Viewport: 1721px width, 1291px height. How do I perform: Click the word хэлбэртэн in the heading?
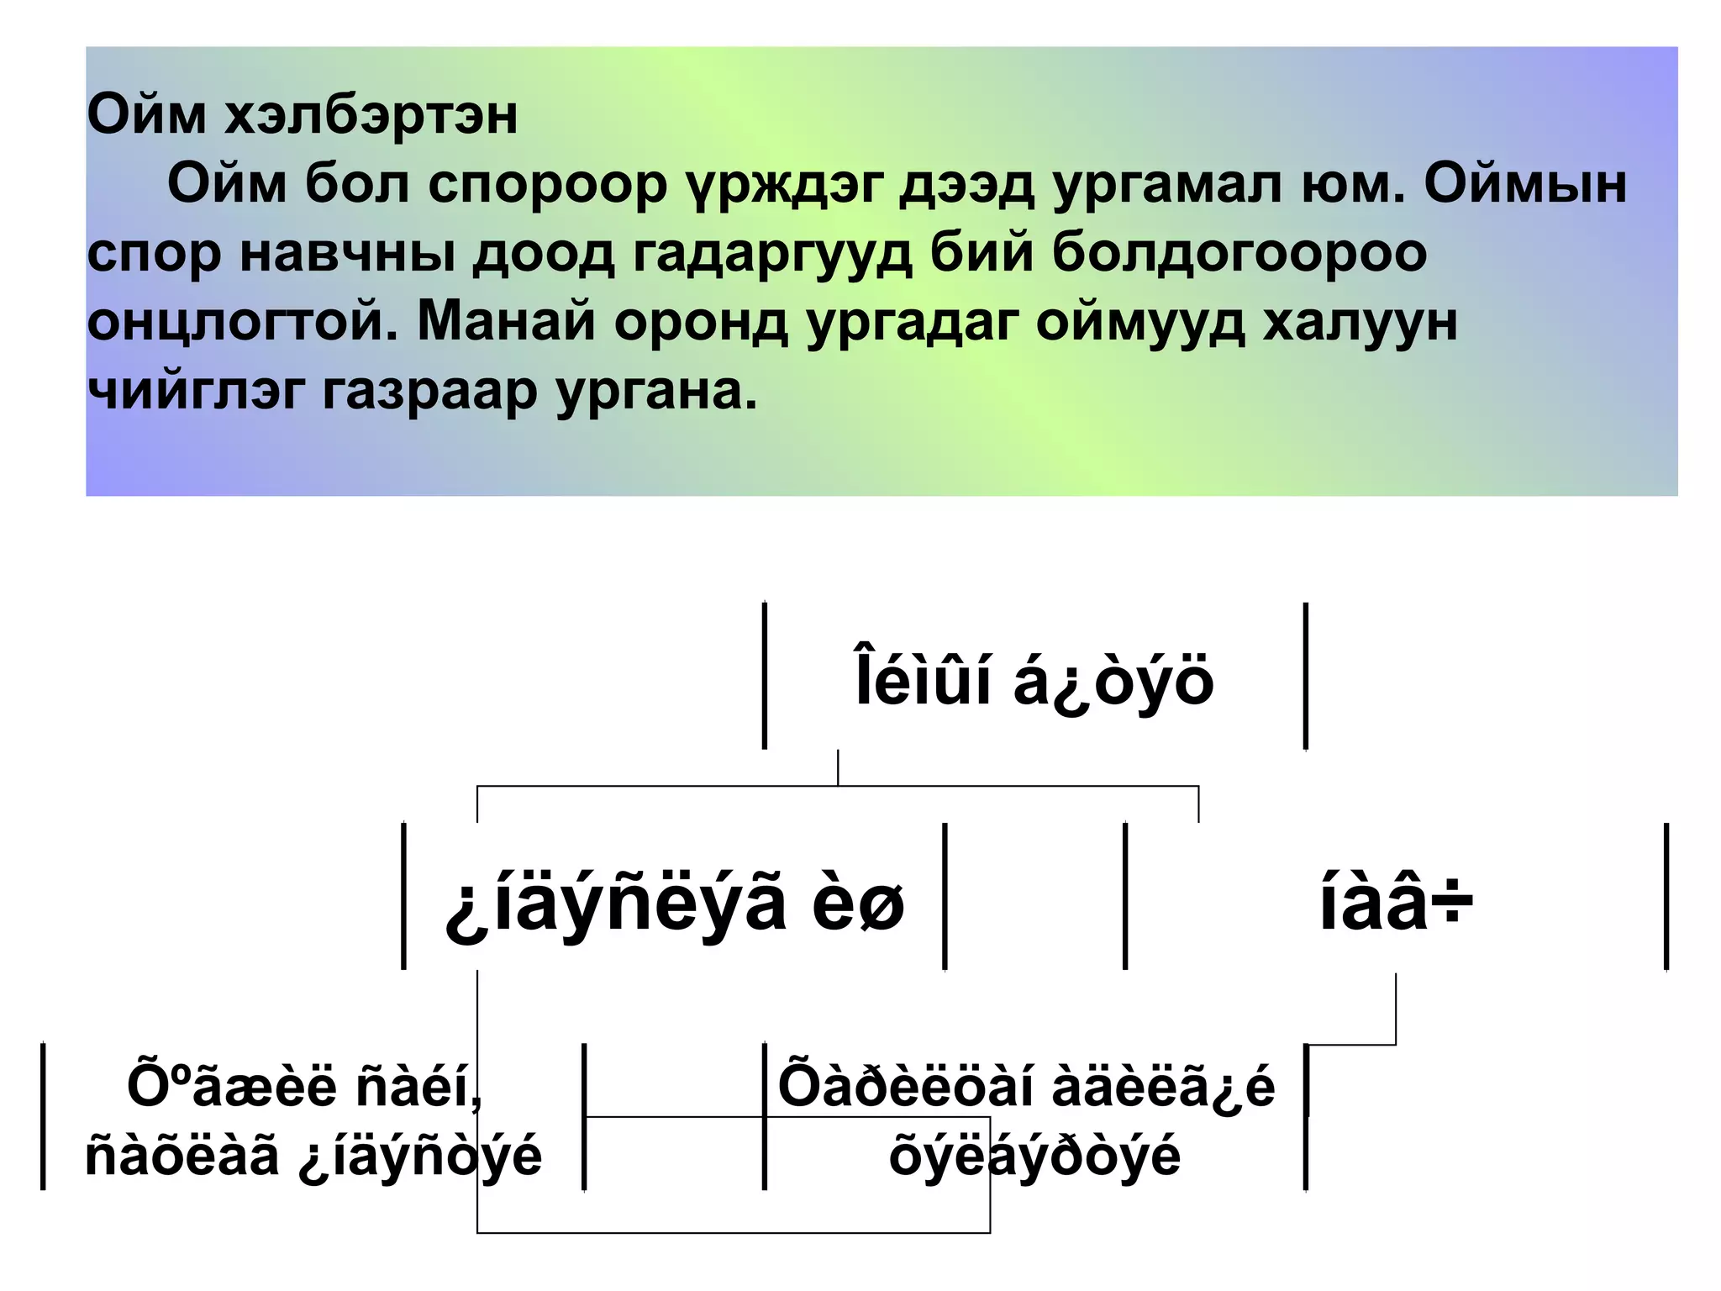coord(370,115)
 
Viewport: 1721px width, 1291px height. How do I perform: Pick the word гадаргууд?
coord(771,254)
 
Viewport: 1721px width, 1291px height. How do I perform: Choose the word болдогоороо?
coord(1239,252)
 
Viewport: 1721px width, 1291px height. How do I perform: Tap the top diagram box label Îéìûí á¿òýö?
coord(1034,680)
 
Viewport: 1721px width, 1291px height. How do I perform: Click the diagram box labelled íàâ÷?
coord(1396,904)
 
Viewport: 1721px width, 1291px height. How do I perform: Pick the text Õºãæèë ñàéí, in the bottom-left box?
coord(305,1086)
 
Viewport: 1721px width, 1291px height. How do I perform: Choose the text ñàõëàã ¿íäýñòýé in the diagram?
coord(313,1156)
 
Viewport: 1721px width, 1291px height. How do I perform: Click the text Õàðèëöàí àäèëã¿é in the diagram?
coord(1026,1086)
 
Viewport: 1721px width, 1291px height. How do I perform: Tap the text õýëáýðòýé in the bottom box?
coord(1034,1156)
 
